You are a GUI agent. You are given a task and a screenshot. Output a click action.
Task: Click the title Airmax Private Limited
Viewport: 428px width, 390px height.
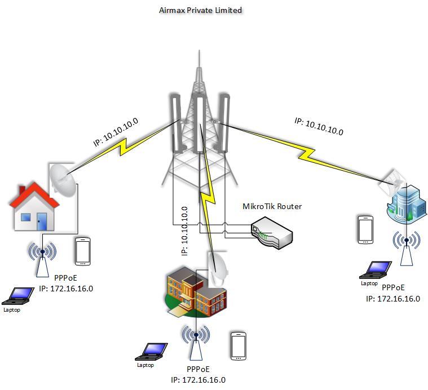pos(201,10)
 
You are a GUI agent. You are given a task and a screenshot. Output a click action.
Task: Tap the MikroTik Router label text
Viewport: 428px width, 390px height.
pos(272,206)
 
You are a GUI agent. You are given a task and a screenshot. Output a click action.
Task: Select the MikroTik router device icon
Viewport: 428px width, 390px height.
pos(272,231)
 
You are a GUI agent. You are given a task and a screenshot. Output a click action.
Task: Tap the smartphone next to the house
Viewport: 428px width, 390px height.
pos(83,251)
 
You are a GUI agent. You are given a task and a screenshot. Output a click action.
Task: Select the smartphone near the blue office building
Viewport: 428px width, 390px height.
pos(365,229)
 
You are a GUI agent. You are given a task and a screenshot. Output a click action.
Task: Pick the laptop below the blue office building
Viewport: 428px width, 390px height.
pos(377,269)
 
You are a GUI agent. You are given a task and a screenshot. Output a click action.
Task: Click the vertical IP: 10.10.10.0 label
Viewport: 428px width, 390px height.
pos(184,231)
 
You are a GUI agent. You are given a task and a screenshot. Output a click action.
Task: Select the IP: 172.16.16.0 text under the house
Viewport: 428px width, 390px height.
pos(66,289)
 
